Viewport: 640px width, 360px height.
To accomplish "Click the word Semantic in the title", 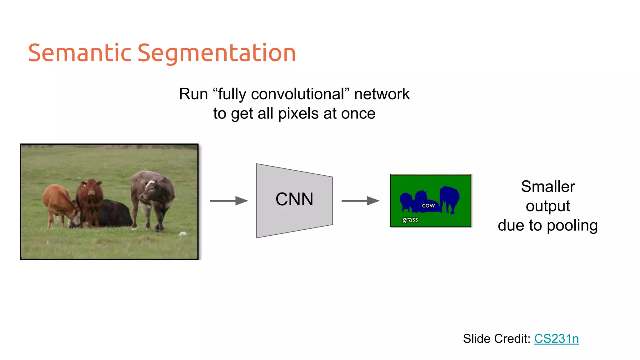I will [x=80, y=53].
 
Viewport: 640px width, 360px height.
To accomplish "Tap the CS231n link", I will [x=556, y=339].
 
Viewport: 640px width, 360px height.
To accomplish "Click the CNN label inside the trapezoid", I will [x=294, y=199].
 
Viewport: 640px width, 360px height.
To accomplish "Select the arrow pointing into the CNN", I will [x=229, y=201].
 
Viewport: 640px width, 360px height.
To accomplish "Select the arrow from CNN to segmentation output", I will [x=360, y=201].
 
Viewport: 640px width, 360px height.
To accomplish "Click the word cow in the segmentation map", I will [x=428, y=206].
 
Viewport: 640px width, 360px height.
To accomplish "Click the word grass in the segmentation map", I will [x=410, y=220].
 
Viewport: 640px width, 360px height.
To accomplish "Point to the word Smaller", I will [x=548, y=187].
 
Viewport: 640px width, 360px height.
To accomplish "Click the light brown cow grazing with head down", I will [x=59, y=203].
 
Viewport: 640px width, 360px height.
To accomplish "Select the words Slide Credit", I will [x=496, y=339].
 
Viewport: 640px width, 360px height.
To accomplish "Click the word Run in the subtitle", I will [x=193, y=94].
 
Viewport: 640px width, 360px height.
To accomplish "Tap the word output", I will [x=548, y=206].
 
